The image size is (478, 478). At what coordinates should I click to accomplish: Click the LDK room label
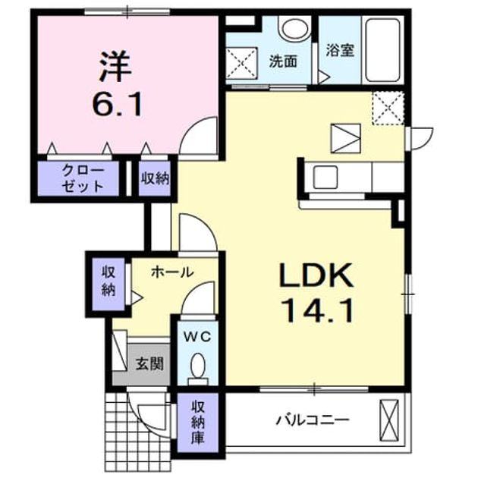(316, 275)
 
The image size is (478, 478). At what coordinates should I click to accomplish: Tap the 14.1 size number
(317, 310)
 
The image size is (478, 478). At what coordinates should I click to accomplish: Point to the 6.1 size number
(118, 104)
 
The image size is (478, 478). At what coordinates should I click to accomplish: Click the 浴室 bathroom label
(340, 51)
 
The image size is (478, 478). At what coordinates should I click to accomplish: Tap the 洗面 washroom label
(283, 61)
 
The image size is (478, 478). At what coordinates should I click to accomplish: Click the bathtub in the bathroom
(382, 50)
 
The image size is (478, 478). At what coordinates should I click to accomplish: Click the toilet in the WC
(198, 368)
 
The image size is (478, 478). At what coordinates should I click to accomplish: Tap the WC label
(197, 337)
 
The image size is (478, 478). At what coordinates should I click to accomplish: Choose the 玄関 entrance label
(149, 363)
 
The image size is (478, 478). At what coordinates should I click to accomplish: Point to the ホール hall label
(172, 272)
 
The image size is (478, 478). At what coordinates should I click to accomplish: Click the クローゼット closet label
(83, 178)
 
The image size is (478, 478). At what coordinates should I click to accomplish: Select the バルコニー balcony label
(313, 420)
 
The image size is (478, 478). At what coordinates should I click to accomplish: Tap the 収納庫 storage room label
(197, 422)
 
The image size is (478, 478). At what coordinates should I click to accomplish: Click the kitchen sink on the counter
(325, 178)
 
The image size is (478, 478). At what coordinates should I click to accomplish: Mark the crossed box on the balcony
(389, 420)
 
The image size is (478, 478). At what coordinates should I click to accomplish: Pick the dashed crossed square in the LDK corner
(388, 108)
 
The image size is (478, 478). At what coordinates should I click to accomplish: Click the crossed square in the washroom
(241, 63)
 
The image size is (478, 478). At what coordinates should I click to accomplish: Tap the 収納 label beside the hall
(108, 281)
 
